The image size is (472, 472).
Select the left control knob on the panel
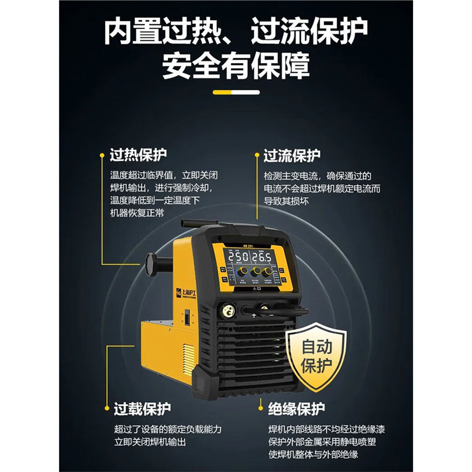[x=241, y=272]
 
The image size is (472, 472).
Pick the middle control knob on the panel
[x=255, y=272]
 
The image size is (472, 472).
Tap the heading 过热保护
[x=138, y=155]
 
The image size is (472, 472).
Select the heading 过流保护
[x=291, y=156]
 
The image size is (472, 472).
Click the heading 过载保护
[x=142, y=408]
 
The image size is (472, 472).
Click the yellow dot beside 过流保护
[x=257, y=156]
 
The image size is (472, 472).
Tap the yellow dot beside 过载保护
[x=106, y=408]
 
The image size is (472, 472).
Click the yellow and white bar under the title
[x=235, y=92]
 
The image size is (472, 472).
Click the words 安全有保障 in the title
[x=235, y=66]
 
